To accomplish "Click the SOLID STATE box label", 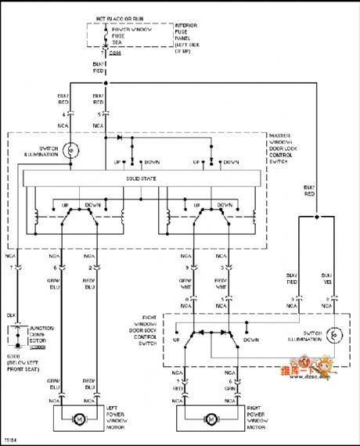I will point(142,180).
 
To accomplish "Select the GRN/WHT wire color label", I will point(185,282).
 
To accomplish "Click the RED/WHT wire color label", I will point(223,282).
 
